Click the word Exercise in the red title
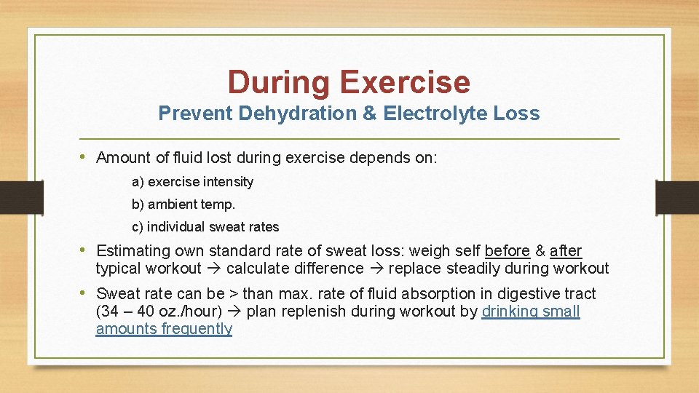coord(405,82)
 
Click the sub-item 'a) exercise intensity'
coord(192,182)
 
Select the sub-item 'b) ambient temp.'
coord(183,205)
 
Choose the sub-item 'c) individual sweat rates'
coord(205,227)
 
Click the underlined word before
coord(507,251)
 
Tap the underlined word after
coord(566,251)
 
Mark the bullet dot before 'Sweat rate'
coord(86,293)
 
